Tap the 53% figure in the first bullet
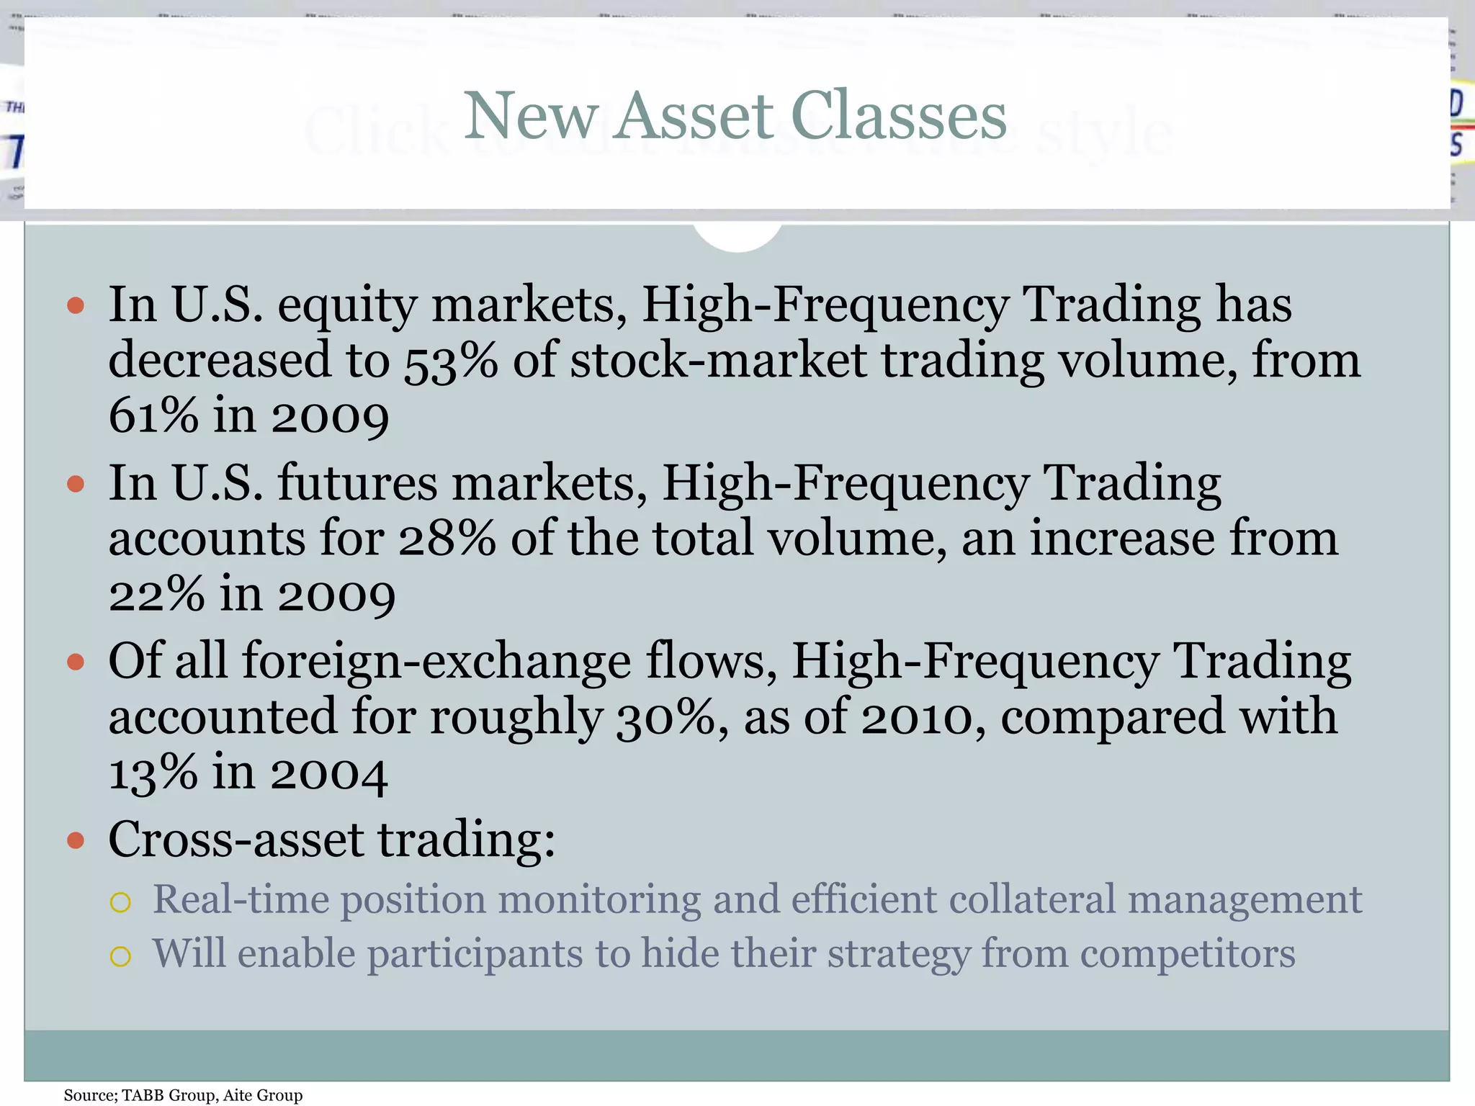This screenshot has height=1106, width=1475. (x=450, y=361)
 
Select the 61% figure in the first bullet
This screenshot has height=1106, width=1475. (x=153, y=416)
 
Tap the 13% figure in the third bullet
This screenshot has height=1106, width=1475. (x=153, y=773)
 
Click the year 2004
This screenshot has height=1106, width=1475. (x=329, y=773)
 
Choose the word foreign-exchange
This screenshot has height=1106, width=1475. (x=436, y=662)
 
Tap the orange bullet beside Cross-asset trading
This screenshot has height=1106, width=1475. (x=76, y=840)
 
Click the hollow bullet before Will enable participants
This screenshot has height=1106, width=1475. (x=120, y=956)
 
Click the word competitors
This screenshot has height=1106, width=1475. (x=1188, y=955)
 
